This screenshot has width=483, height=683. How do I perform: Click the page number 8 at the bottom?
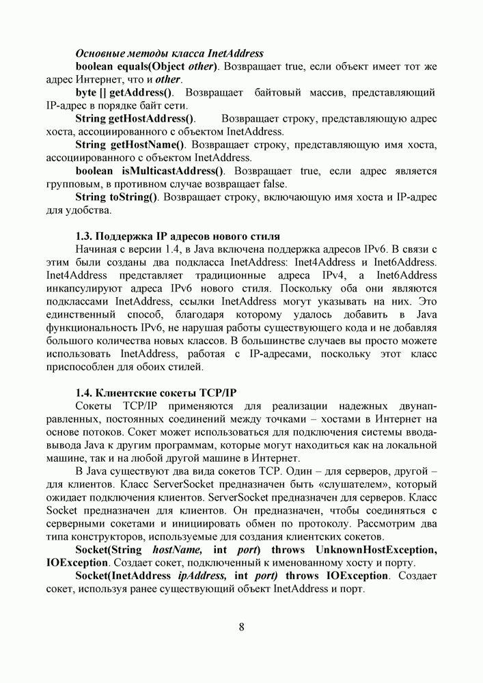(x=242, y=628)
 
